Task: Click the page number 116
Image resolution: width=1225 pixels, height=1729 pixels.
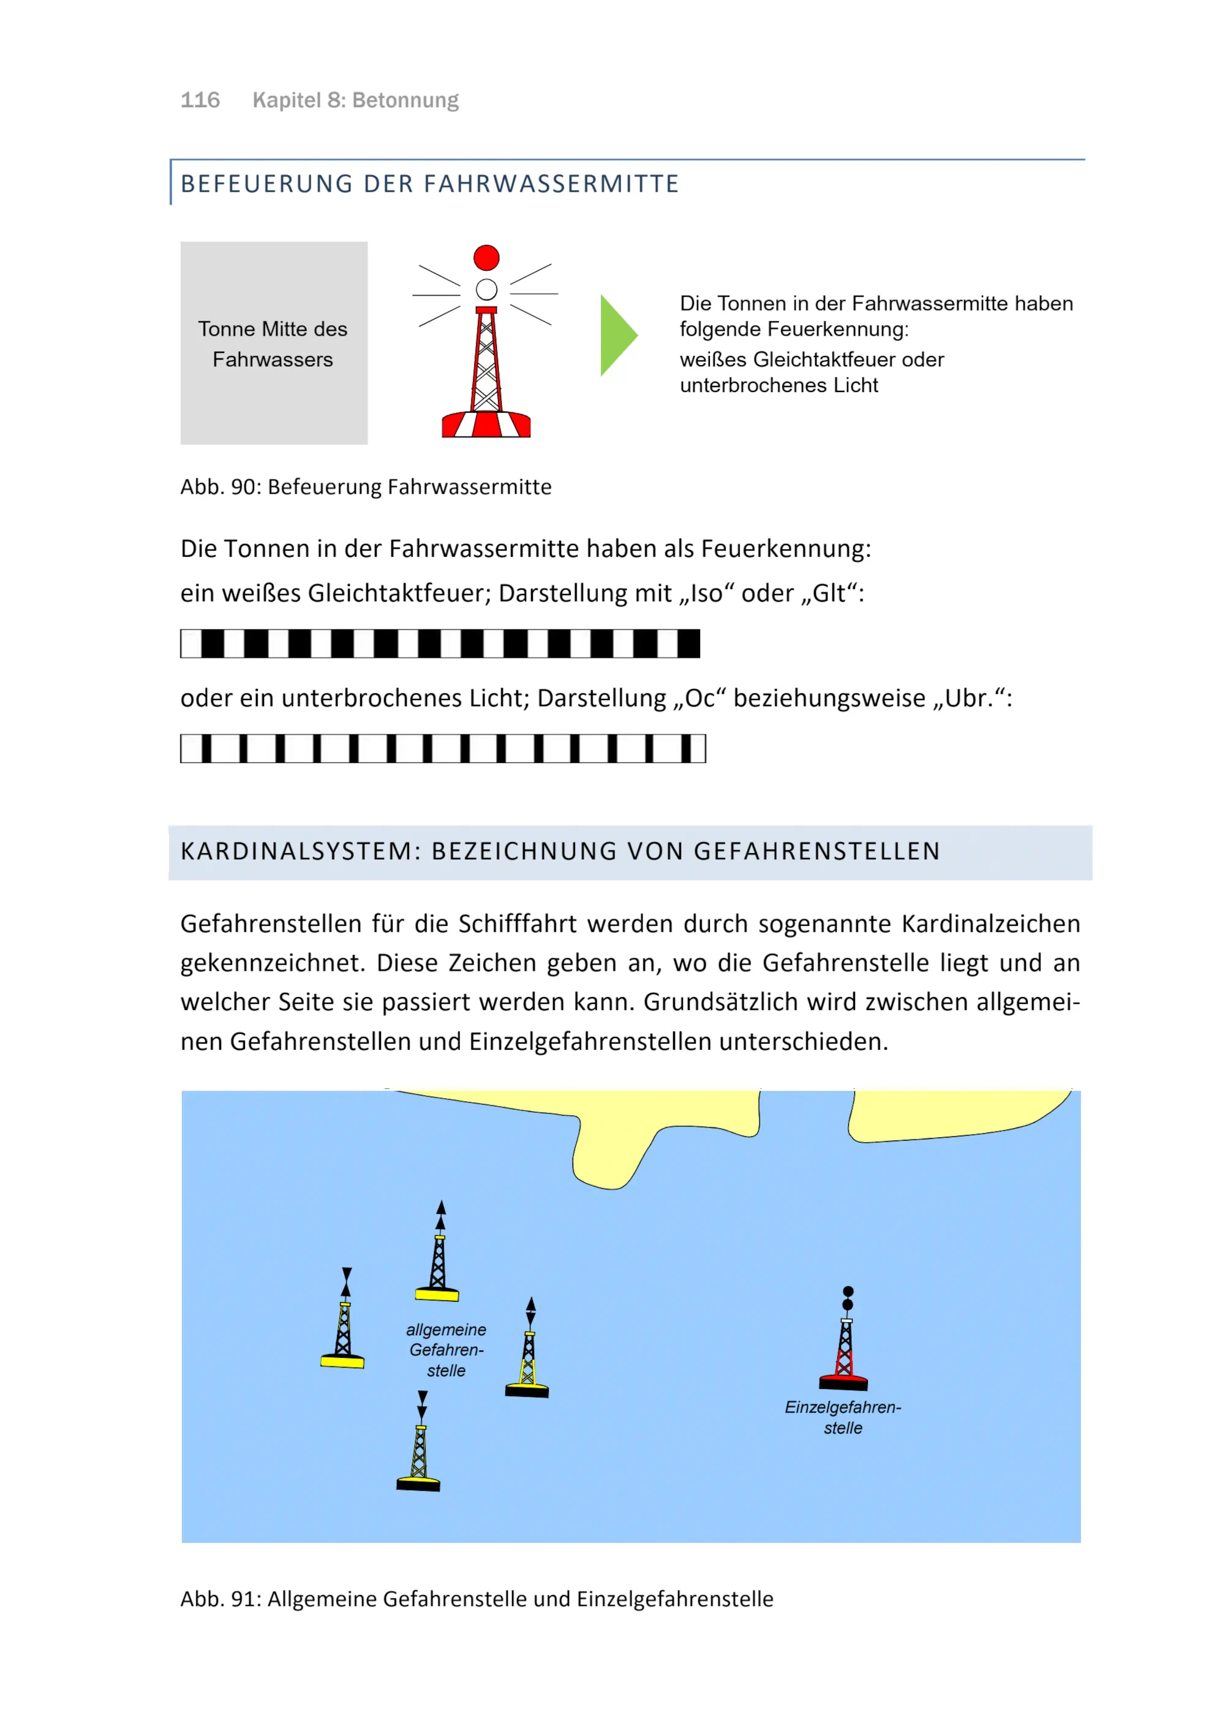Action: pos(200,100)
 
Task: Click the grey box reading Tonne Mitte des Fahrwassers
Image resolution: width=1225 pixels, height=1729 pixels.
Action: pos(274,343)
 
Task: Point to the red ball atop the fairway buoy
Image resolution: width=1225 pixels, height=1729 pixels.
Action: pos(486,258)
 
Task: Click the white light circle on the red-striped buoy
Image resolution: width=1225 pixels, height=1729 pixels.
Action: pos(486,290)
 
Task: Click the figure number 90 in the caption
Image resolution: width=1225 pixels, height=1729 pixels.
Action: pos(242,488)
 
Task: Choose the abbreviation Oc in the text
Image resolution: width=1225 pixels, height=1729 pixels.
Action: pos(699,699)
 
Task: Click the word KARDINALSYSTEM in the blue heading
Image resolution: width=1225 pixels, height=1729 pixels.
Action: pos(296,852)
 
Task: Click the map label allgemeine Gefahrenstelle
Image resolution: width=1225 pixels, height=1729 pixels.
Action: pos(446,1350)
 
